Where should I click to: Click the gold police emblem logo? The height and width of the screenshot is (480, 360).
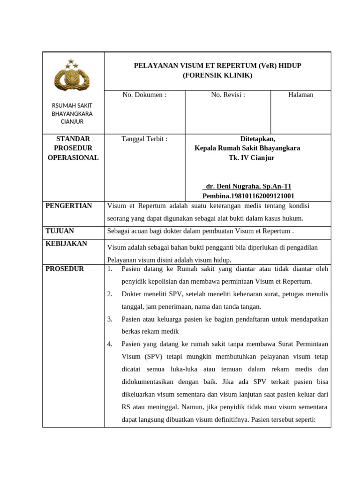72,79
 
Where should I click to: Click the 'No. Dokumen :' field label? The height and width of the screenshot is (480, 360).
144,95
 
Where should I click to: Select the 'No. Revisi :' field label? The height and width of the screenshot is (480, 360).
228,95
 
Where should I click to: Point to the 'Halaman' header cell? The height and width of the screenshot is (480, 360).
300,95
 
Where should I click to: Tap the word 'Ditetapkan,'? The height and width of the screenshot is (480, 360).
258,139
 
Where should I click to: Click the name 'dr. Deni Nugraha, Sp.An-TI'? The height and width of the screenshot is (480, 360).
248,187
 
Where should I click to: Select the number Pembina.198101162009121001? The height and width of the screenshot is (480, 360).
248,196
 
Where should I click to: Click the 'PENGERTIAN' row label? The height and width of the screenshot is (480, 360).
69,206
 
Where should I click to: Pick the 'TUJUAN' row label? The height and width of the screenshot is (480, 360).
60,231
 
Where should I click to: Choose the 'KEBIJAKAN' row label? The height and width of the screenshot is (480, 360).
66,244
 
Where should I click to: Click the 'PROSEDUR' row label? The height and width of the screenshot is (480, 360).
65,269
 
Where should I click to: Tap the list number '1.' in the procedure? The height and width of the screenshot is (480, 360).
110,269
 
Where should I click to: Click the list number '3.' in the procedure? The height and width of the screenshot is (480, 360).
110,319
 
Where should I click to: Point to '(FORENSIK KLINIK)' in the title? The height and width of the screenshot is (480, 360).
217,75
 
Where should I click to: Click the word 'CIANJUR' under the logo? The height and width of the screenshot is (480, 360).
72,122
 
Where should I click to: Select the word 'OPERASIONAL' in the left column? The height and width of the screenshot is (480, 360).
73,158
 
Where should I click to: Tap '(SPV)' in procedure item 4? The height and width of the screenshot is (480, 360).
152,357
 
